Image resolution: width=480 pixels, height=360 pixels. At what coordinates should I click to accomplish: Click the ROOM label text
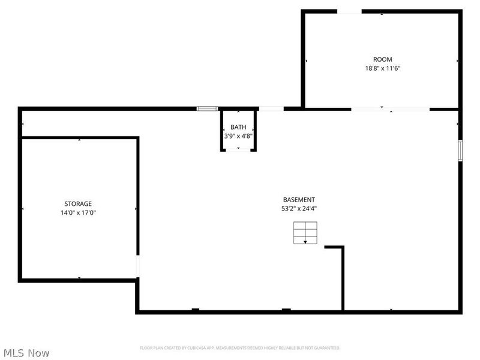click(382, 59)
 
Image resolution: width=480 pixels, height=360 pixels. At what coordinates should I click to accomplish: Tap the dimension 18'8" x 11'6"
click(382, 68)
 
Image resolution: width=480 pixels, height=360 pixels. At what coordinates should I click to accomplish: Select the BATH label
click(238, 127)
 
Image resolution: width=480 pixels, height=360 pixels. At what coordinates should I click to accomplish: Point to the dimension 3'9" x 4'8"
click(238, 136)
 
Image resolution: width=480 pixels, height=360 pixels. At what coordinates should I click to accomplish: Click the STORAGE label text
click(79, 204)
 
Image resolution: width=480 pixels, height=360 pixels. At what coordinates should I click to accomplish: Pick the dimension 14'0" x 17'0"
click(79, 212)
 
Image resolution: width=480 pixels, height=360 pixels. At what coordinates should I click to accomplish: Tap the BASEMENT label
click(299, 200)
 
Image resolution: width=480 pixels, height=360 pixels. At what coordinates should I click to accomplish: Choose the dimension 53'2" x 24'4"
click(299, 209)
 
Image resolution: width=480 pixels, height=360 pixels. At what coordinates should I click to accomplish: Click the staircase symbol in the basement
click(305, 233)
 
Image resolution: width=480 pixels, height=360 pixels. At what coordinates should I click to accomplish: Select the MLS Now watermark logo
click(26, 353)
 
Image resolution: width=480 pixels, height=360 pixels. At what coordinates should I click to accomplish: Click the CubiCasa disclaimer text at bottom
click(240, 348)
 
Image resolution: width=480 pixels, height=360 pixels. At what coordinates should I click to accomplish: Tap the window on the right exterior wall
click(460, 151)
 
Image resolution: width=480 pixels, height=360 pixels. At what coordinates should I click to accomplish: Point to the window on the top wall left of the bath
click(207, 109)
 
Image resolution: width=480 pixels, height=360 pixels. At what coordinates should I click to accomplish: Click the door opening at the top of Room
click(349, 11)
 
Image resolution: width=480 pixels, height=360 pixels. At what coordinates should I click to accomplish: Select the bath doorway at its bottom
click(238, 151)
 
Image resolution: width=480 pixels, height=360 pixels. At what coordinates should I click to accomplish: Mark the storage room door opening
click(138, 266)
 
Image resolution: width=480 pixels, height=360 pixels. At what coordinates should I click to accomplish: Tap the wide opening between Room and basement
click(390, 109)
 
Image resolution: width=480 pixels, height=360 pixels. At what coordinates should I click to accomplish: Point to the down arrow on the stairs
click(305, 241)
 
